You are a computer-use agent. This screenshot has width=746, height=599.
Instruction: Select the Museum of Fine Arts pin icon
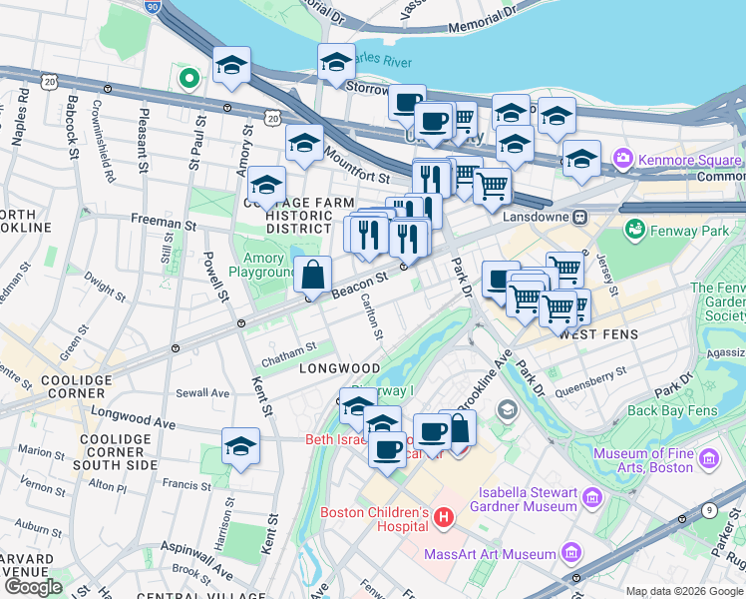pos(709,458)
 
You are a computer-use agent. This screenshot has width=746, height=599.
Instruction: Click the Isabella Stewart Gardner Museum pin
pos(591,496)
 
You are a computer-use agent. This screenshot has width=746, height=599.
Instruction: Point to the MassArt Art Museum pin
pos(570,552)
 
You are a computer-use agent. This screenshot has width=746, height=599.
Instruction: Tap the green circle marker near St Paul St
pos(187,77)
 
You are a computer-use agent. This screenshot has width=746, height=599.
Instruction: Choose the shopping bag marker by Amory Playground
pos(313,274)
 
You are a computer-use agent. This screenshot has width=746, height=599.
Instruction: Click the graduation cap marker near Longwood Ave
pos(240,446)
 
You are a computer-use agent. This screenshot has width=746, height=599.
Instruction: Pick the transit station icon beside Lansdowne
pos(577,217)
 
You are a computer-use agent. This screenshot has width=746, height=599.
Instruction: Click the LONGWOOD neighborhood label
pos(340,368)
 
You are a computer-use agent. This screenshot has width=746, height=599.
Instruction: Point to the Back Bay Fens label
pos(673,410)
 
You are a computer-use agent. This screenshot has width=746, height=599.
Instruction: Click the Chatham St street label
pos(288,347)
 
